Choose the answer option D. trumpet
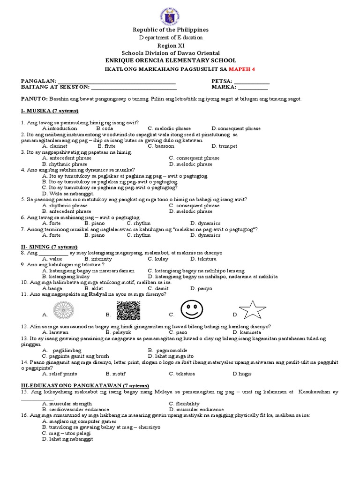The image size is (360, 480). point(224,146)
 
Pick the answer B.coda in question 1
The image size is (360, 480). point(105,128)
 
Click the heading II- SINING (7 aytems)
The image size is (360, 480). point(49,247)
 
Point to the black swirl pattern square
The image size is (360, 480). point(128,311)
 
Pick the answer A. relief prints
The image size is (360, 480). point(60,374)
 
